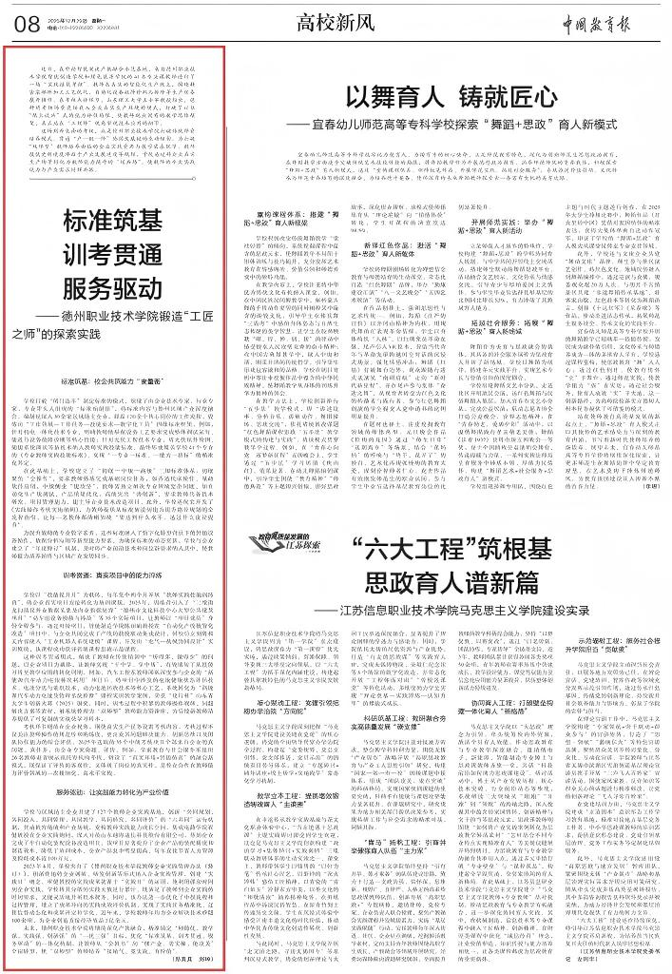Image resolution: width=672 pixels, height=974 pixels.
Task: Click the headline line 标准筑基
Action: click(121, 222)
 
